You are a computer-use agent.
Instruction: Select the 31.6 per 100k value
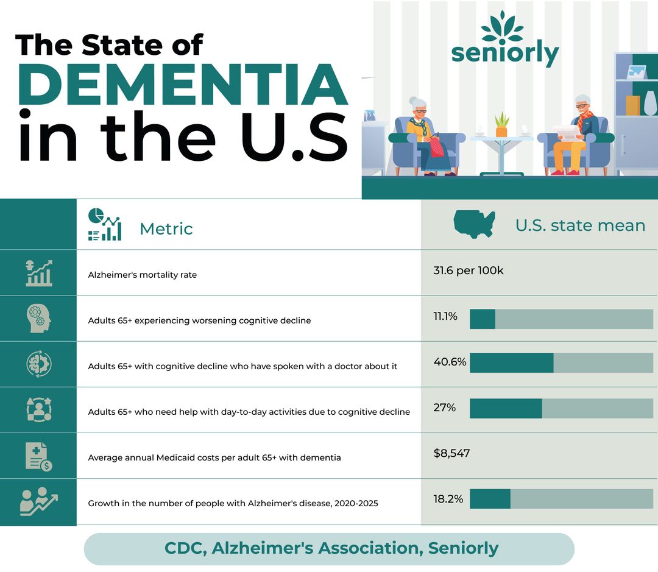[468, 270]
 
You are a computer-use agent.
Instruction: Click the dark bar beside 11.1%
[482, 319]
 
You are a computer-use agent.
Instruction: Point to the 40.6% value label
[450, 362]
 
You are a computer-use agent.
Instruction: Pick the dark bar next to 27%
[505, 408]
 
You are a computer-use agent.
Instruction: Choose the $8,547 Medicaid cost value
[451, 453]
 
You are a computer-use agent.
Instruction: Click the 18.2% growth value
[448, 499]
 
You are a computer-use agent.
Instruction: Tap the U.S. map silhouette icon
[474, 225]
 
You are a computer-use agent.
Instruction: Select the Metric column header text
[166, 229]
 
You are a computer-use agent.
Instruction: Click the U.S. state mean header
[579, 225]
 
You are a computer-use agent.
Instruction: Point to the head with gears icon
[39, 319]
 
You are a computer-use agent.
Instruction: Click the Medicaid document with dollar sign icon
[39, 456]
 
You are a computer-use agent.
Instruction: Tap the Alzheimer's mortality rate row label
[142, 275]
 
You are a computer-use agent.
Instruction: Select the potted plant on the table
[501, 125]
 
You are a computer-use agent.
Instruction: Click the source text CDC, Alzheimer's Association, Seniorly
[331, 548]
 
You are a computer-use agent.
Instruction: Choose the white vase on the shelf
[650, 102]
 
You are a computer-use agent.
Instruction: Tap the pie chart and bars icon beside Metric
[105, 225]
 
